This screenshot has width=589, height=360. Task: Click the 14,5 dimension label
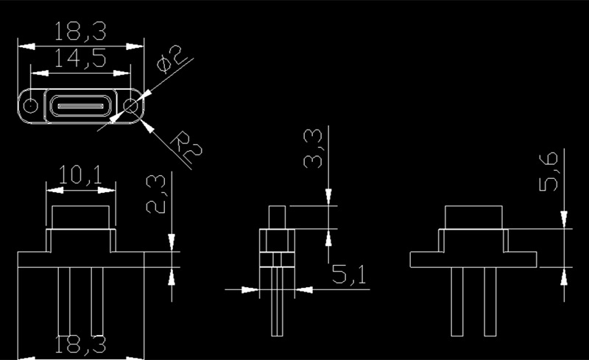[x=80, y=59]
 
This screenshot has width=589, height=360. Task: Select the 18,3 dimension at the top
[x=80, y=31]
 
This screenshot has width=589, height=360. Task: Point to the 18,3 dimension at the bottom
[x=80, y=345]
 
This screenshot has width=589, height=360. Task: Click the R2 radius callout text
[x=186, y=147]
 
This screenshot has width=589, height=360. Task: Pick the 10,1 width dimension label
[x=80, y=175]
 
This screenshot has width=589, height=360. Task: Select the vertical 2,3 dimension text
[x=155, y=194]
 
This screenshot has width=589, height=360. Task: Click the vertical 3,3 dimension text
[x=313, y=148]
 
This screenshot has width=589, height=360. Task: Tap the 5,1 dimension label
[x=348, y=274]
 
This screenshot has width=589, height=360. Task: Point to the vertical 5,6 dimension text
[x=549, y=172]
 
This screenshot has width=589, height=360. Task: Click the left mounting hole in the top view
[x=30, y=105]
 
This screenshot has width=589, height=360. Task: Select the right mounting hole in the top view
[x=131, y=105]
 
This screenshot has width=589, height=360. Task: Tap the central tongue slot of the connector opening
[x=80, y=106]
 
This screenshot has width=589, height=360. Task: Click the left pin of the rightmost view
[x=456, y=301]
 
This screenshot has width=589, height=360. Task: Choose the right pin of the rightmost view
[x=490, y=301]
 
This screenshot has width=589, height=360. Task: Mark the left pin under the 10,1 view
[x=64, y=301]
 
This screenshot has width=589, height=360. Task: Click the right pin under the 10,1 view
[x=97, y=301]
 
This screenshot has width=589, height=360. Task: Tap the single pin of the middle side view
[x=278, y=301]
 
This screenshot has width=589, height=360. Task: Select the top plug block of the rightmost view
[x=473, y=217]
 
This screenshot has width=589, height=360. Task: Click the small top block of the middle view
[x=278, y=217]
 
